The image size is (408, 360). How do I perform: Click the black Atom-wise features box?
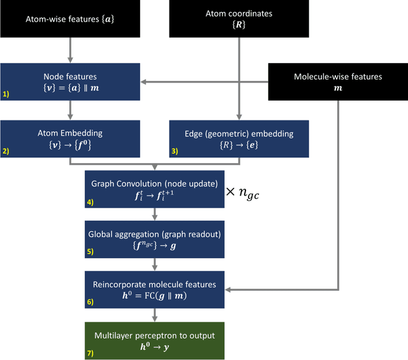(x=69, y=18)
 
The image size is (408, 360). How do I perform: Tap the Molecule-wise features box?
(x=337, y=82)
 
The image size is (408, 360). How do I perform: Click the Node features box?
(x=69, y=82)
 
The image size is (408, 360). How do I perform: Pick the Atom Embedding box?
(x=69, y=138)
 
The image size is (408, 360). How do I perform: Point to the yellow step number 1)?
(x=6, y=94)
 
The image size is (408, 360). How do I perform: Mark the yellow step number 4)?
(x=90, y=203)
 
